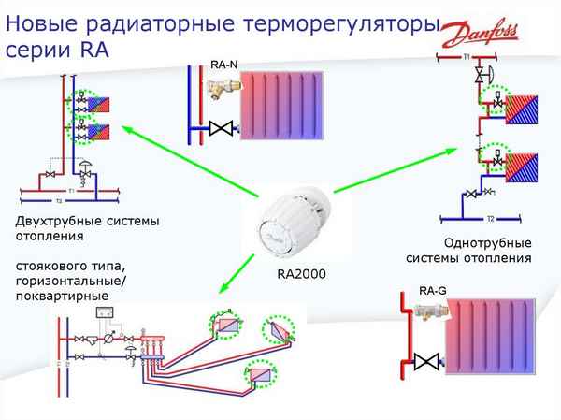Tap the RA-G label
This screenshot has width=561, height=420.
432,291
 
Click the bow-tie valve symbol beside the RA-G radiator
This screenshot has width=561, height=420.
426,359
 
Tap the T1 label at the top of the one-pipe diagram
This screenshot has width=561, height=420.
467,58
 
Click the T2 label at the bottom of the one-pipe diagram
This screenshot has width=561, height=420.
490,218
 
